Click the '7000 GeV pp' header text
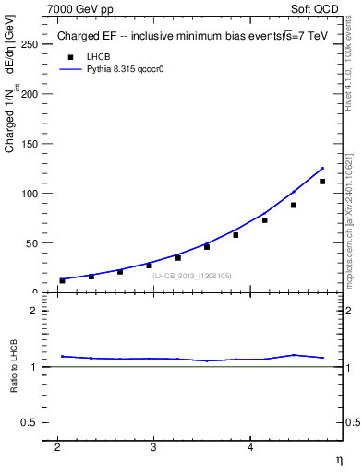80,9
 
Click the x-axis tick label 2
57,448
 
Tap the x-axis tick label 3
153,448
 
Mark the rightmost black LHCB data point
322,182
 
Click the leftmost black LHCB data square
62,280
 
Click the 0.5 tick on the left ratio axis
30,422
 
